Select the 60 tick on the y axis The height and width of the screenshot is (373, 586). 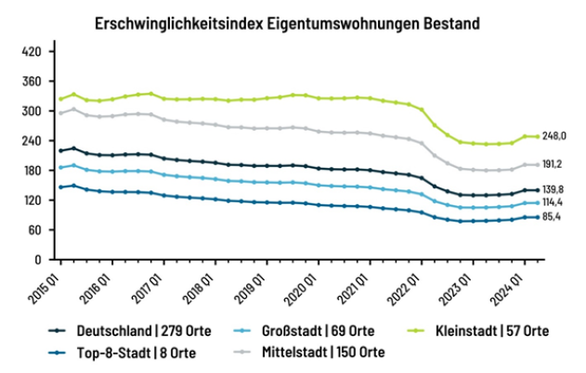pyautogui.click(x=35, y=230)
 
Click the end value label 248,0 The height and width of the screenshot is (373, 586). pyautogui.click(x=555, y=136)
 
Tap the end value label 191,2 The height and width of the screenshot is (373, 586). pyautogui.click(x=555, y=164)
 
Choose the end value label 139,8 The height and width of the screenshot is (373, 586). pyautogui.click(x=555, y=189)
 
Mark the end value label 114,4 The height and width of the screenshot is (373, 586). pyautogui.click(x=555, y=202)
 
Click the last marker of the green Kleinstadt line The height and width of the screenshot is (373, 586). pyautogui.click(x=537, y=136)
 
